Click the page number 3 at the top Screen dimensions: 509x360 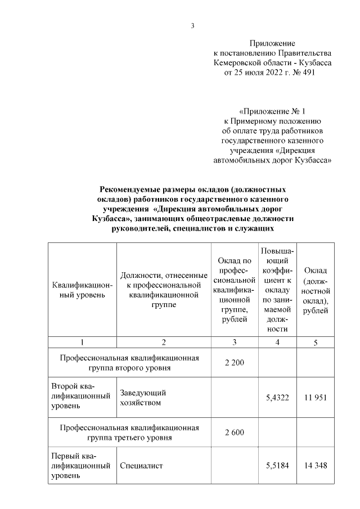192,25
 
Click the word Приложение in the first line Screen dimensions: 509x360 272,43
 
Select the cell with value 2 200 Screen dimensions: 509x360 234,363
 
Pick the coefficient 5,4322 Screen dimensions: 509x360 277,398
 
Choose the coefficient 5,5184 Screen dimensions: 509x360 277,466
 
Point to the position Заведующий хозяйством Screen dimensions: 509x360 142,398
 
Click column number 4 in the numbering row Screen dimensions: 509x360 277,343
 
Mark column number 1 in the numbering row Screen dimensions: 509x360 82,343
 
